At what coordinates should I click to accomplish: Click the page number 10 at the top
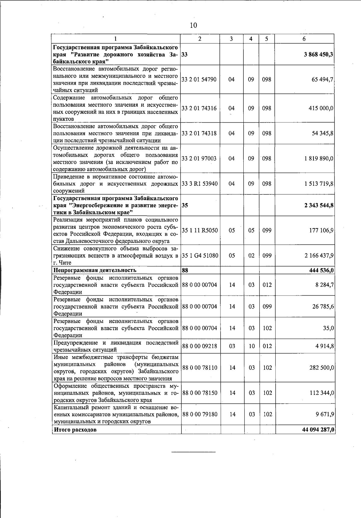(193, 25)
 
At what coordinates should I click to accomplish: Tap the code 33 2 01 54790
(199, 80)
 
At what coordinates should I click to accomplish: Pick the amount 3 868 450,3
(319, 55)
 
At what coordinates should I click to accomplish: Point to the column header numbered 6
(304, 39)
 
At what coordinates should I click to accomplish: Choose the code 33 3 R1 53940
(199, 184)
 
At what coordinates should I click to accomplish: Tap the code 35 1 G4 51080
(200, 256)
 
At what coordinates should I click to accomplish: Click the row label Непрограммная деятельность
(95, 270)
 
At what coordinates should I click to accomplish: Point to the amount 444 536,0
(321, 270)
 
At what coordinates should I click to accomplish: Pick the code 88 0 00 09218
(200, 346)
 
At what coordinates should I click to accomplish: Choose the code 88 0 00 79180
(200, 414)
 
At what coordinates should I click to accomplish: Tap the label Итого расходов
(75, 430)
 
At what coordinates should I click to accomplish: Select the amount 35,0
(329, 328)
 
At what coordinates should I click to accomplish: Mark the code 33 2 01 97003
(199, 159)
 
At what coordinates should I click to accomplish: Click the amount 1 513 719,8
(319, 184)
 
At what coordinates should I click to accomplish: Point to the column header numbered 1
(116, 39)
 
